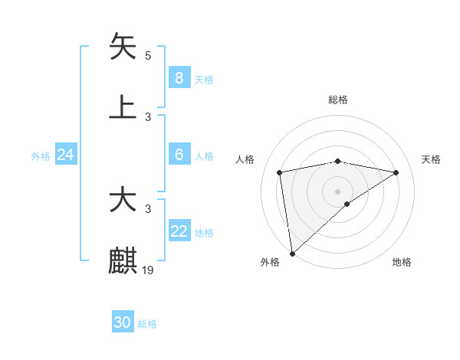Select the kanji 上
pos(123,107)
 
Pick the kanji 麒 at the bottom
pos(123,260)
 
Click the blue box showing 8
pos(179,77)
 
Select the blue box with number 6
pos(179,155)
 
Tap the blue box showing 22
pos(179,231)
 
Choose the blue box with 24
pos(65,155)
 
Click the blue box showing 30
pos(122,322)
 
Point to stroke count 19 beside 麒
pos(148,270)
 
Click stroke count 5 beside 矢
pos(148,55)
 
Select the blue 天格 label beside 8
pos(204,79)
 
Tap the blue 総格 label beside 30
pos(147,324)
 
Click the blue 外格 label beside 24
pos(41,156)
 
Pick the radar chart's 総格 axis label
pos(338,100)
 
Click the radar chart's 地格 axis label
pos(402,263)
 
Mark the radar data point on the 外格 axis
pos(292,253)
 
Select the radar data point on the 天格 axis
pos(396,172)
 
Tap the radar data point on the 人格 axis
pos(280,172)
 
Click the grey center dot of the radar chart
pos(338,191)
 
